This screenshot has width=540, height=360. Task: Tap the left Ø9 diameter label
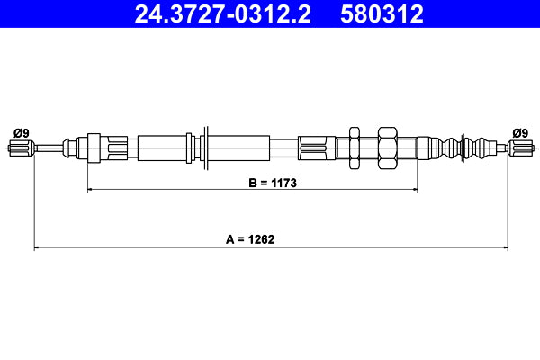[21, 133]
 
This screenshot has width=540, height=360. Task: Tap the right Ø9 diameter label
[519, 133]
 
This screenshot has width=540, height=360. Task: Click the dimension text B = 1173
[273, 182]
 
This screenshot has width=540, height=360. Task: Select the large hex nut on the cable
[388, 147]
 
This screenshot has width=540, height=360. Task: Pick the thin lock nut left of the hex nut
[355, 147]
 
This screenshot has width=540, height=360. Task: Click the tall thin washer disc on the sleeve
[207, 147]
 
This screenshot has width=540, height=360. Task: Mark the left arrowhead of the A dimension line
[37, 247]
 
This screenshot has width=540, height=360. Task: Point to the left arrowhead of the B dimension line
[90, 190]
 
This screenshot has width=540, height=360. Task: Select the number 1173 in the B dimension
[283, 182]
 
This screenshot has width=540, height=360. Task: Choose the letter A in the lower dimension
[230, 239]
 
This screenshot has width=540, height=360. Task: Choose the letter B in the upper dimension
[253, 182]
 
